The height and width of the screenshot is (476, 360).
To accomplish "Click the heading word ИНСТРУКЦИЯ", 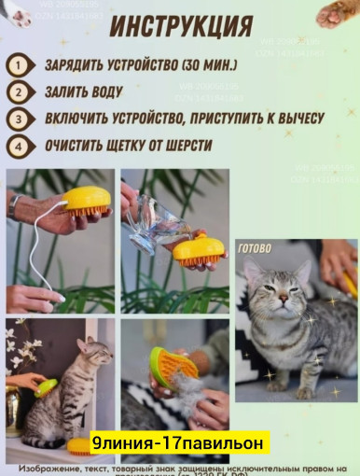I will click(x=180, y=26).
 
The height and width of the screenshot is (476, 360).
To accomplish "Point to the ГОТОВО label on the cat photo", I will click(x=255, y=248).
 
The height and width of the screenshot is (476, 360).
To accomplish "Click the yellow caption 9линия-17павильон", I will click(x=180, y=442).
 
